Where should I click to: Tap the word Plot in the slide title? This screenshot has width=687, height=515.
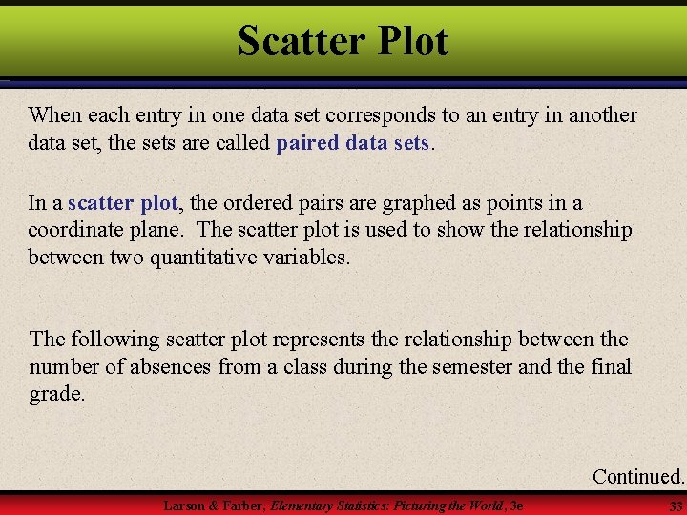click(x=412, y=41)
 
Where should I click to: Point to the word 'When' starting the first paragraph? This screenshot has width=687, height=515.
click(x=55, y=115)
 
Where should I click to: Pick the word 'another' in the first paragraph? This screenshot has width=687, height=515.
click(x=598, y=115)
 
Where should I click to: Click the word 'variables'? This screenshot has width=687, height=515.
click(x=304, y=257)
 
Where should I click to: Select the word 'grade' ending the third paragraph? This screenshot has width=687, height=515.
click(x=54, y=394)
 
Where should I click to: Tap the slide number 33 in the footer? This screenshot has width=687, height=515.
click(x=676, y=505)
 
